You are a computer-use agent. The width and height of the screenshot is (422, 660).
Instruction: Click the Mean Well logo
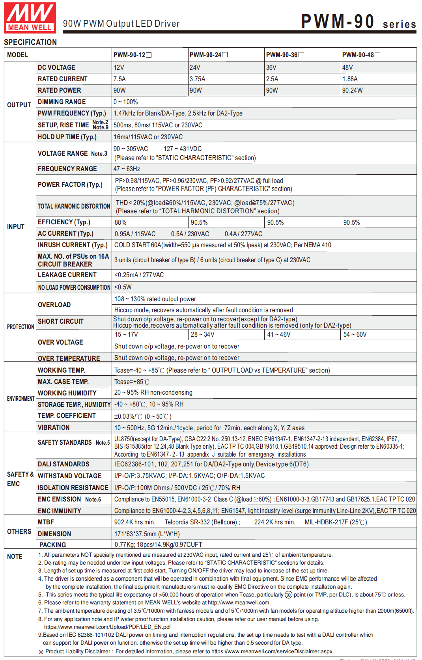[x=30, y=18]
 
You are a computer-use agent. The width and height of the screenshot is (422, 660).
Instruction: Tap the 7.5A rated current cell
[x=120, y=79]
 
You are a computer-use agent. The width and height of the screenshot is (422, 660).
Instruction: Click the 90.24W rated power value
[x=352, y=90]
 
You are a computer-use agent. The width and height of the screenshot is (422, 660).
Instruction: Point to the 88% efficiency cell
[x=120, y=222]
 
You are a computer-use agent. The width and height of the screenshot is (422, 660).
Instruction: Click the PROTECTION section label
[x=21, y=327]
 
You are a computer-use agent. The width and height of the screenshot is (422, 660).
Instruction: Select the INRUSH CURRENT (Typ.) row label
[x=73, y=245]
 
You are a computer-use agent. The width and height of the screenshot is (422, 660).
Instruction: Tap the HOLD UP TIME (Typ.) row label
[x=67, y=137]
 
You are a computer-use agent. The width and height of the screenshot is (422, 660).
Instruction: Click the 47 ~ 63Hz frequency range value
[x=127, y=169]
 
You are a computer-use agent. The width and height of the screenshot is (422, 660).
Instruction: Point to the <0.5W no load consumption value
[x=123, y=287]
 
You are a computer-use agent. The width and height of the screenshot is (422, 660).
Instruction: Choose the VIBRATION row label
[x=54, y=427]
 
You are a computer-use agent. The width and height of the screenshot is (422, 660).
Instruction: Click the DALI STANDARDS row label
[x=63, y=464]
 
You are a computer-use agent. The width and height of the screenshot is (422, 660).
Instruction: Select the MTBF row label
[x=46, y=522]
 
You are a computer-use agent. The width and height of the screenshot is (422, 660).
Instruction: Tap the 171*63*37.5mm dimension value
[x=147, y=534]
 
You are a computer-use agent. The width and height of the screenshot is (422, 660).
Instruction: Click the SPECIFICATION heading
[x=30, y=42]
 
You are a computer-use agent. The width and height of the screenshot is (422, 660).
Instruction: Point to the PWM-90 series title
[x=358, y=22]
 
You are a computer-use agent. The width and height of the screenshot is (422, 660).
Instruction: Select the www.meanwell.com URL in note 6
[x=238, y=602]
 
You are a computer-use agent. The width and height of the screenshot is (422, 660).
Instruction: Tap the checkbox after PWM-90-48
[x=377, y=55]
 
